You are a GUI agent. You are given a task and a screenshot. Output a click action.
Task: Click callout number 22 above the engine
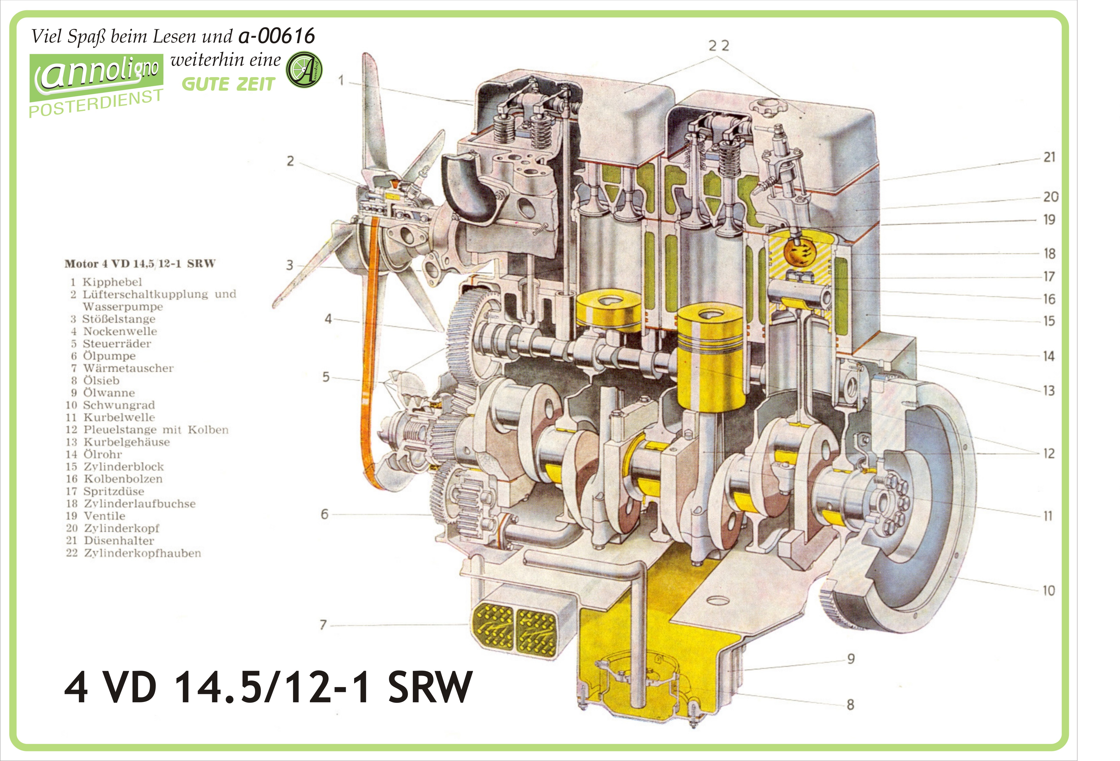719,46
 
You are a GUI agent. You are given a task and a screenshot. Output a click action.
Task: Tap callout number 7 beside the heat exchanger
323,625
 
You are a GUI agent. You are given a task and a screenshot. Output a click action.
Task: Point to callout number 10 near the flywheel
1049,591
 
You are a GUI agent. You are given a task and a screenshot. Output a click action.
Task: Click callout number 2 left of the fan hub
290,161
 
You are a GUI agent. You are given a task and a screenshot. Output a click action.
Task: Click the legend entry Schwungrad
119,405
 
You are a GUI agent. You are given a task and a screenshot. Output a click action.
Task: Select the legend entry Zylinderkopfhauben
143,553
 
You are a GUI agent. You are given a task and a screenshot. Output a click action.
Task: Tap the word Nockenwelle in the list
120,331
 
